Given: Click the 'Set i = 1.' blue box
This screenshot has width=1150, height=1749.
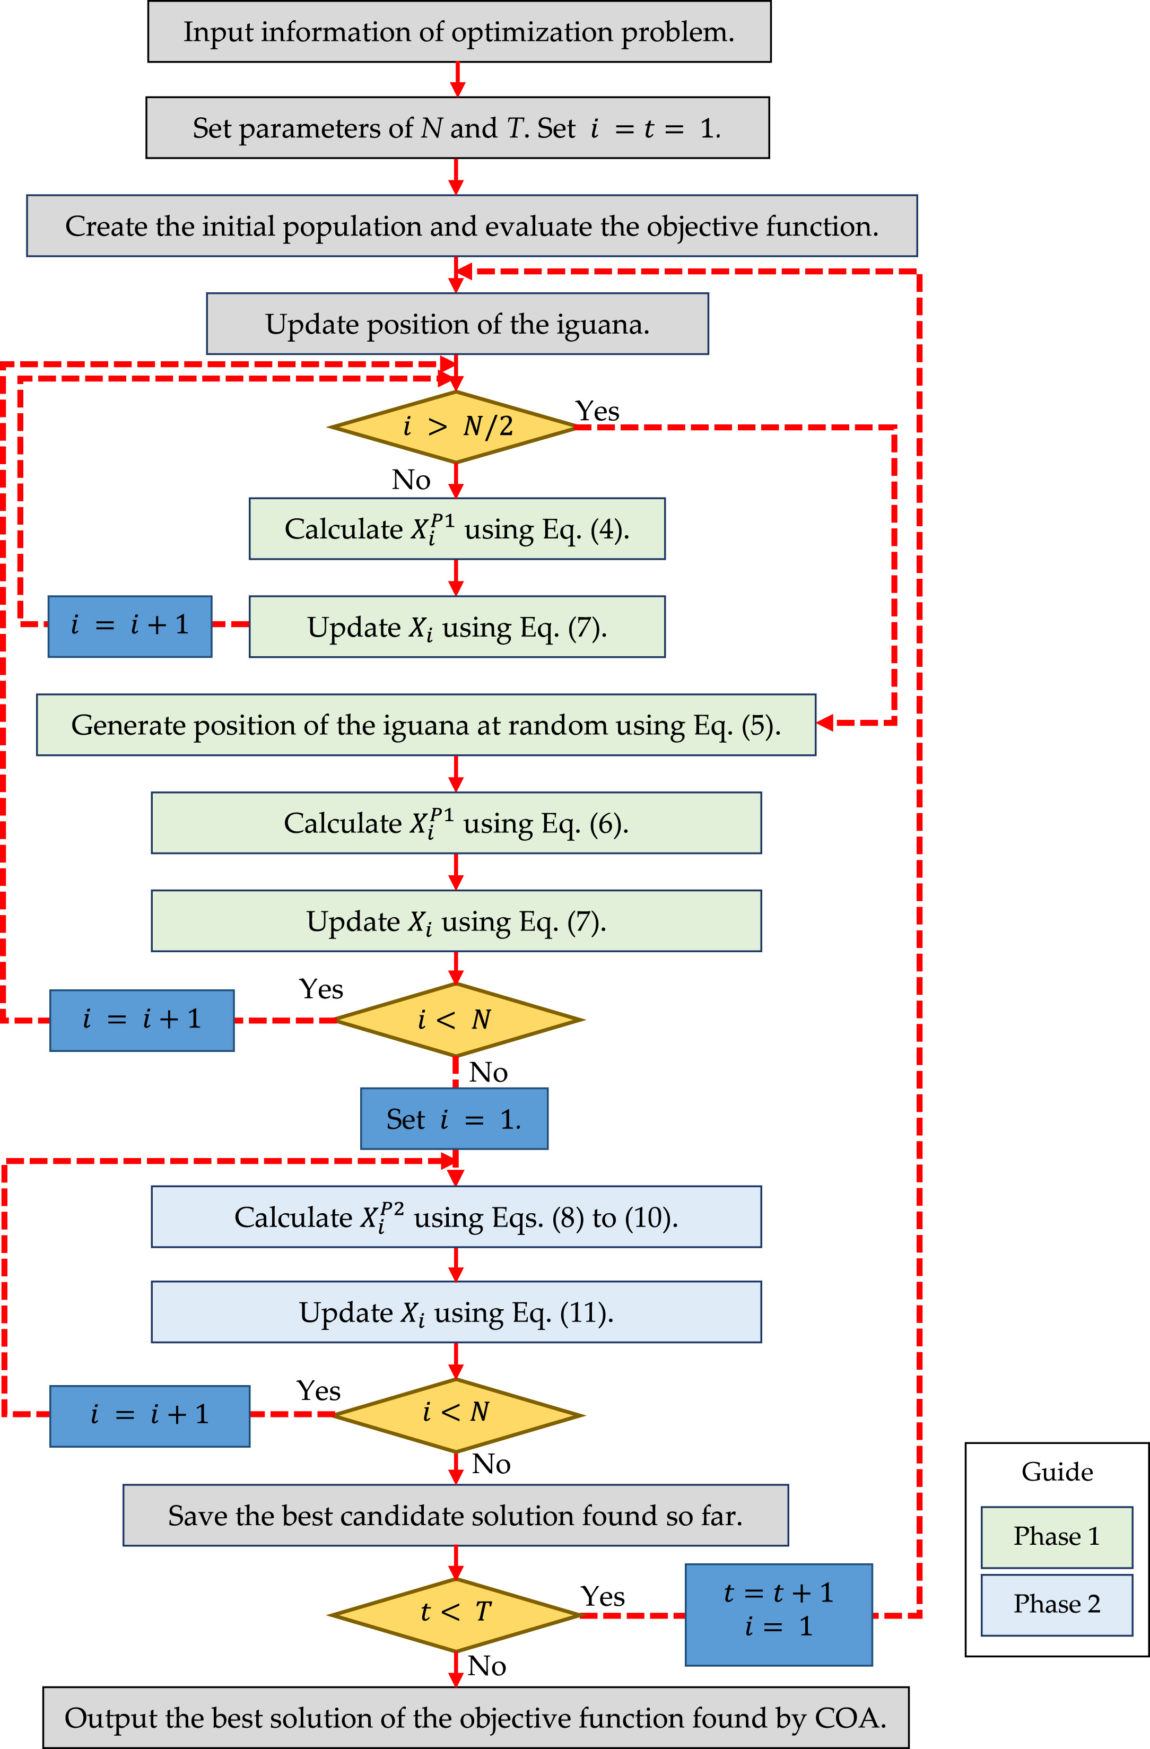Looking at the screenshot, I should coord(454,1118).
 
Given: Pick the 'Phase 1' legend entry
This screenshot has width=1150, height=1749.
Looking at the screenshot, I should coord(1057,1536).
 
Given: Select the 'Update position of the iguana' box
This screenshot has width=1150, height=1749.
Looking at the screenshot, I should coord(457,324).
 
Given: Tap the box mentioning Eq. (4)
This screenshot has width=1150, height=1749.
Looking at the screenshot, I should coord(457,529).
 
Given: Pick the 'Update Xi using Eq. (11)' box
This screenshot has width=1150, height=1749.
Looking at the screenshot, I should coord(456,1312).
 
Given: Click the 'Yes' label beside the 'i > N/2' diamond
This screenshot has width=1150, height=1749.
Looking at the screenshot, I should coord(597,411).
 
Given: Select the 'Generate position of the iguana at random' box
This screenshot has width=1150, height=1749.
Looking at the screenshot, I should coord(426,725).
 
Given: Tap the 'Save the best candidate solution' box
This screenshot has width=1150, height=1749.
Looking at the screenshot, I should coord(456,1515).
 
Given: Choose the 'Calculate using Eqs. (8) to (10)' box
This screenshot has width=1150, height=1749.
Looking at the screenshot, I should coord(456,1217).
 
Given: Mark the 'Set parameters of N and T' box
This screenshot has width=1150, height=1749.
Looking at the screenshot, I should coord(457,128).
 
